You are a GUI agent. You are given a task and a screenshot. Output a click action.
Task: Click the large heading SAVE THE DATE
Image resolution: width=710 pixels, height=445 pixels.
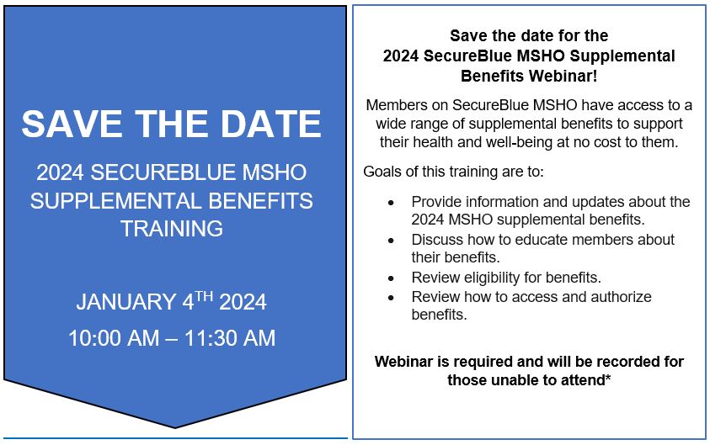tap(171, 124)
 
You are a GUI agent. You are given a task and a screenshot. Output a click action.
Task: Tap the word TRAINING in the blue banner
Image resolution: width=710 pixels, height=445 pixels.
tap(171, 228)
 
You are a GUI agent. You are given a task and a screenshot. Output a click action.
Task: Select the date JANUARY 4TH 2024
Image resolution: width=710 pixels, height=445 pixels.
tap(171, 301)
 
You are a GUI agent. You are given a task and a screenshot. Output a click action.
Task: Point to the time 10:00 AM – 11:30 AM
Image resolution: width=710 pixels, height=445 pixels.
tap(171, 338)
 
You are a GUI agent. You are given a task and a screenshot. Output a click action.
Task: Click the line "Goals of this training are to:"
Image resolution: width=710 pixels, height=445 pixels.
tap(454, 172)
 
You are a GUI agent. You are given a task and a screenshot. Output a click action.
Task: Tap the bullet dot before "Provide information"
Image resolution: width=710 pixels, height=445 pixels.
tap(390, 202)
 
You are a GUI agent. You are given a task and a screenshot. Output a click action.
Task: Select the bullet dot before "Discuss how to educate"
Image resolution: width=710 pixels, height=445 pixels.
tap(390, 240)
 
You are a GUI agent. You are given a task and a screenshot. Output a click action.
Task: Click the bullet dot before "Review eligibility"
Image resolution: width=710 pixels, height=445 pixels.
tap(390, 278)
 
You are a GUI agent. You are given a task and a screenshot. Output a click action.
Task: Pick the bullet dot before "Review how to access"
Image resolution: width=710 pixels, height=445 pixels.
tap(390, 297)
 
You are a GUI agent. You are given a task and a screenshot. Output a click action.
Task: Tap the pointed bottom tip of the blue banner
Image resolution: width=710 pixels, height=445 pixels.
tap(175, 426)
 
